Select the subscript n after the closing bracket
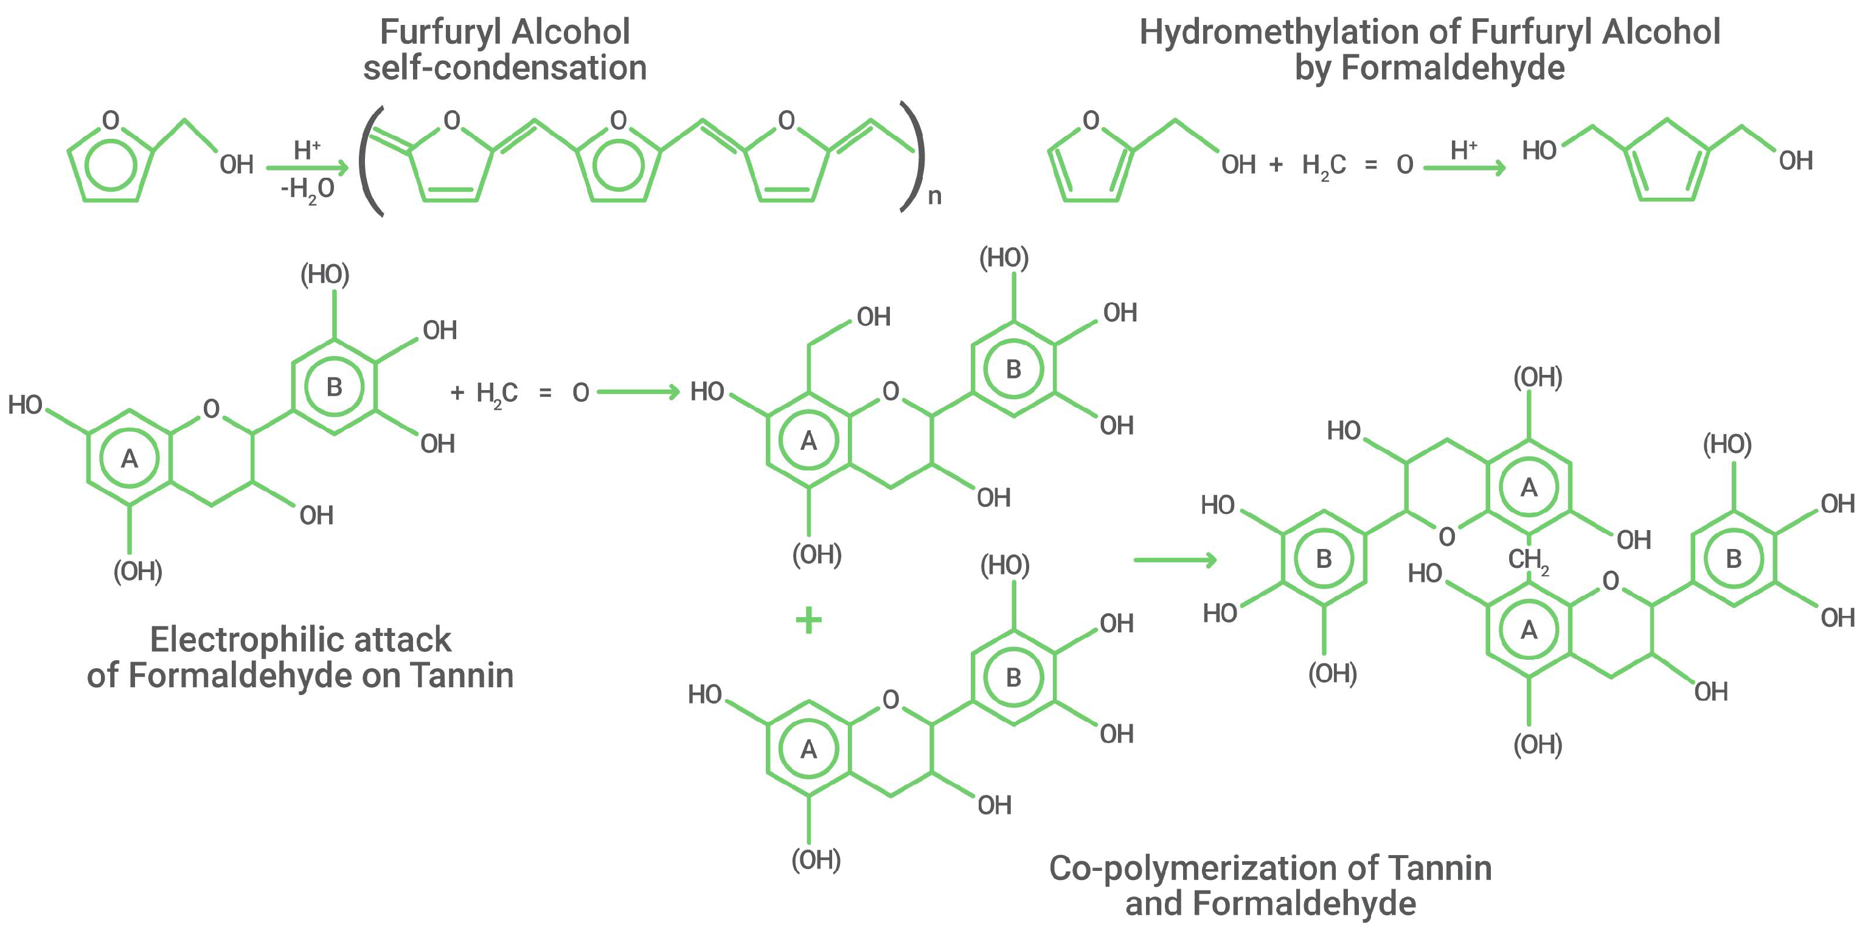click(x=935, y=196)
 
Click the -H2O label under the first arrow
click(x=307, y=189)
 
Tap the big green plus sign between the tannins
click(x=808, y=620)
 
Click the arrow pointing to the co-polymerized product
click(x=1175, y=559)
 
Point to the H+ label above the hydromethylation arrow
click(x=1463, y=150)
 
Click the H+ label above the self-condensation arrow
click(x=307, y=150)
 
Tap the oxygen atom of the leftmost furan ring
click(x=111, y=121)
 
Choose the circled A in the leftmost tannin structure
click(x=129, y=458)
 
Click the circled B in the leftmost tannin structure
click(x=335, y=386)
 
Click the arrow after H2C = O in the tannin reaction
click(x=638, y=393)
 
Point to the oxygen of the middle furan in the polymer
click(x=619, y=121)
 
